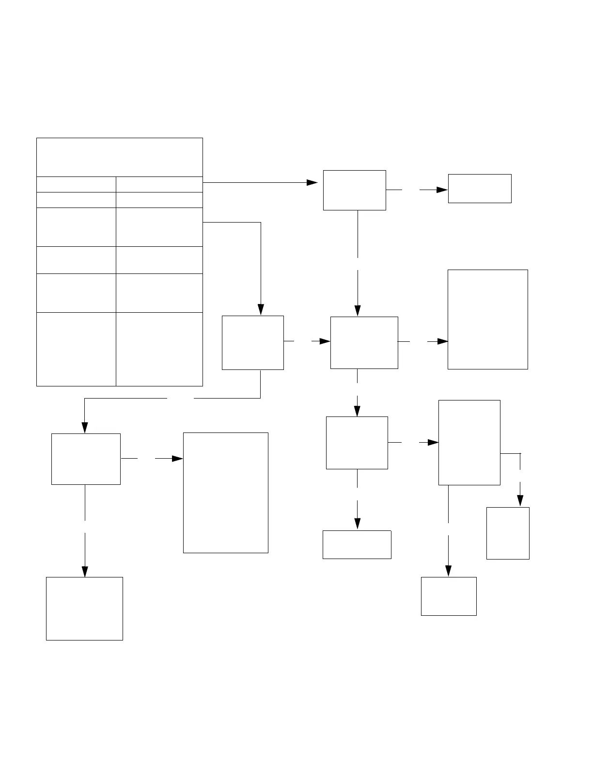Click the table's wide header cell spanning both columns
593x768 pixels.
pos(119,157)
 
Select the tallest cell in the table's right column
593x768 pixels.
pos(159,349)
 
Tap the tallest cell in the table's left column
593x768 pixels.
pos(76,349)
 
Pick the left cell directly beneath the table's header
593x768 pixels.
pos(76,184)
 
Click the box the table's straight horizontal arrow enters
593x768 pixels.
pos(354,190)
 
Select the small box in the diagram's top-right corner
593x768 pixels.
pos(479,189)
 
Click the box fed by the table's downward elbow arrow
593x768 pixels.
pos(252,343)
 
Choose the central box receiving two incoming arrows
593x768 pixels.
pos(364,343)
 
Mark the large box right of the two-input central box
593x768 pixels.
pos(487,320)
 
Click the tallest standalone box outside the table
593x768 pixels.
pos(225,493)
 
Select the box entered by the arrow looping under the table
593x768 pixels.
pos(86,459)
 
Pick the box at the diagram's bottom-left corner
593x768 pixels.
pos(84,608)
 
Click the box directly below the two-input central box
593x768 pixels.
pos(357,443)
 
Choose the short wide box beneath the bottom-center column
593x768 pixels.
pos(357,544)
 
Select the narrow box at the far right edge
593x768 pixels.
pos(507,533)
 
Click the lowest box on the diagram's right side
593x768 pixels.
pos(448,596)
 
